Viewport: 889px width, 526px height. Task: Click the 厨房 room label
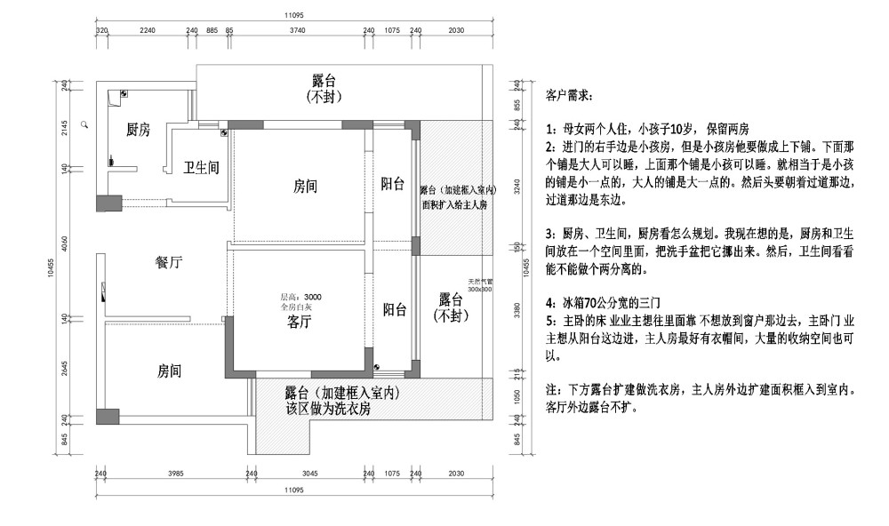tap(138, 130)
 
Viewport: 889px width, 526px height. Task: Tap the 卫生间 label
tap(201, 167)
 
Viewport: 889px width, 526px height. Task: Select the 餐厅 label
tap(169, 262)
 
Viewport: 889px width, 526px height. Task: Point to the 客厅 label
tap(299, 323)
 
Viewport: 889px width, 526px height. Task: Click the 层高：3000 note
tap(301, 297)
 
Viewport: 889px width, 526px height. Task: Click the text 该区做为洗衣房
tap(328, 410)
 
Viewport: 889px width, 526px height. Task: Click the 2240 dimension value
tap(148, 30)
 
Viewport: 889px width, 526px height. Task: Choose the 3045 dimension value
tap(309, 474)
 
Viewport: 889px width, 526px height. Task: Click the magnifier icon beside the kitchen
tap(84, 125)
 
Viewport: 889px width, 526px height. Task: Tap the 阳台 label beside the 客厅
tap(395, 309)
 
